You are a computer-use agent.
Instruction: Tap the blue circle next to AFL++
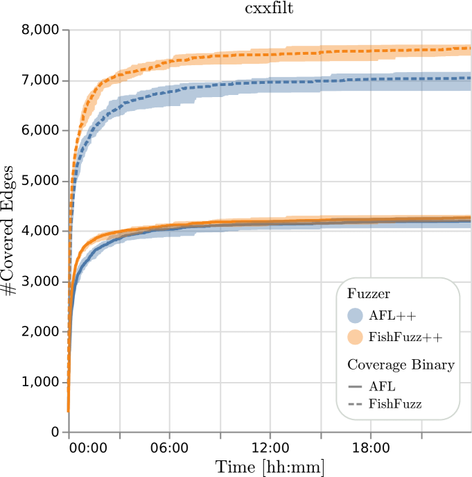(355, 315)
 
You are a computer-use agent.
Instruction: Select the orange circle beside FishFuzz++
(355, 337)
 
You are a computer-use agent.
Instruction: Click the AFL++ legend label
(392, 316)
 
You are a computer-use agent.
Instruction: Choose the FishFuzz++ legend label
(405, 338)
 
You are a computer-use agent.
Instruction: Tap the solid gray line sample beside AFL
(355, 387)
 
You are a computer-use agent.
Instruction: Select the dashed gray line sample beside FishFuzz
(355, 404)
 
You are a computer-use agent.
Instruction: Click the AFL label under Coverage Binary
(383, 387)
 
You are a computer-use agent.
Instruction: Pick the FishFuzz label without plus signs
(395, 404)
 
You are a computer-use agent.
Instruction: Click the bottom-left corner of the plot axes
(69, 432)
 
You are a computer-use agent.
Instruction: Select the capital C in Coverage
(351, 365)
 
